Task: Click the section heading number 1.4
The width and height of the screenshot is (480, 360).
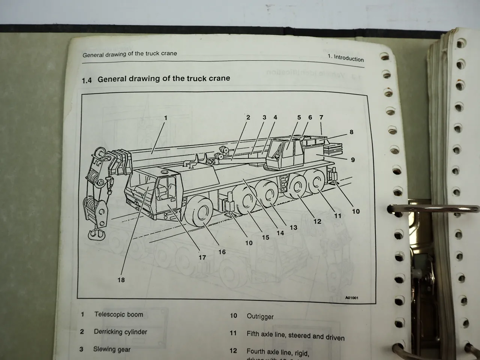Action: coord(87,80)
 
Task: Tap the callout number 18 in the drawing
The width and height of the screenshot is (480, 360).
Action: coord(121,280)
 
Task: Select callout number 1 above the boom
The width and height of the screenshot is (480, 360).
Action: coord(165,118)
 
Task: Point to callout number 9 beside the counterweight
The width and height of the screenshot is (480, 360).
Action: coord(352,160)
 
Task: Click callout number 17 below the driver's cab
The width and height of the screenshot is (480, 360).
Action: coord(202,257)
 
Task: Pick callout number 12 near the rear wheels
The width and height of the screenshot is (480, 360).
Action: coord(317,221)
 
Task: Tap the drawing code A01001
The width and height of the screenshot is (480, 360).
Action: coord(351,298)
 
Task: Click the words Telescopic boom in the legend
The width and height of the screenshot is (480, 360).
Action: coord(118,315)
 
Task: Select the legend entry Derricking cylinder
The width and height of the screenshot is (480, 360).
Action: coord(120,332)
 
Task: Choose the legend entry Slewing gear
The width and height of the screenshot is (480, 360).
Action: coord(112,349)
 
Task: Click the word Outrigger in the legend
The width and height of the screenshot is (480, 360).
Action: coord(260,316)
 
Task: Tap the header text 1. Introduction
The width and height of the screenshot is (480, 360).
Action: coord(345,58)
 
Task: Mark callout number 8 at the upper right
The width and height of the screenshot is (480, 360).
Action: coord(351,132)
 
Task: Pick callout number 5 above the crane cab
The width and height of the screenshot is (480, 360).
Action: coord(299,117)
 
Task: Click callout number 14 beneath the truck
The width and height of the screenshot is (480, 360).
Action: coord(280,233)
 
